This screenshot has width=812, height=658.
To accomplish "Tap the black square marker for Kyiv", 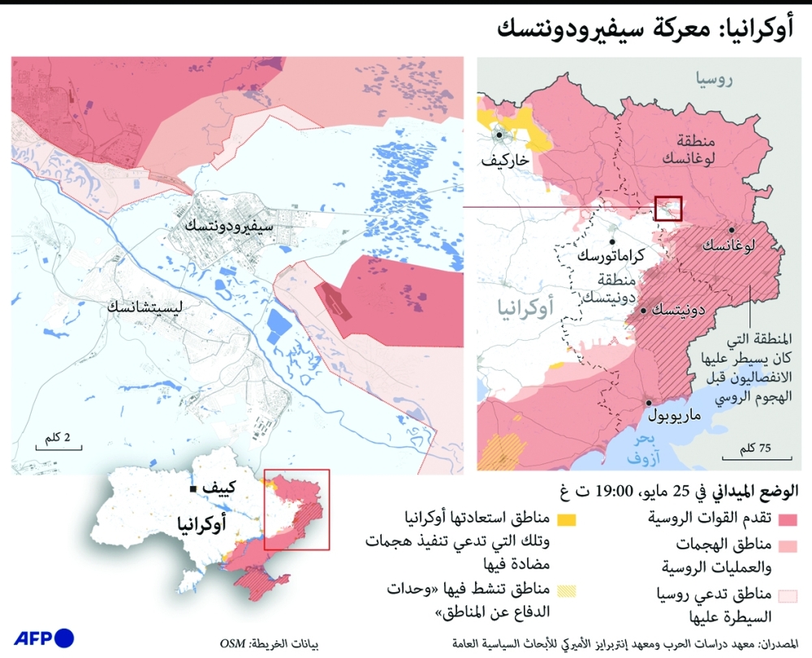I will click(193, 489).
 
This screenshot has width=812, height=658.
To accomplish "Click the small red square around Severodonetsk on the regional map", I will click(668, 208).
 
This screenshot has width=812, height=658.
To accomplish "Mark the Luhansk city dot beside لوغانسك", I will click(731, 230).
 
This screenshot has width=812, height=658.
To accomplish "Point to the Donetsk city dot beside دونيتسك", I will click(643, 311).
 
